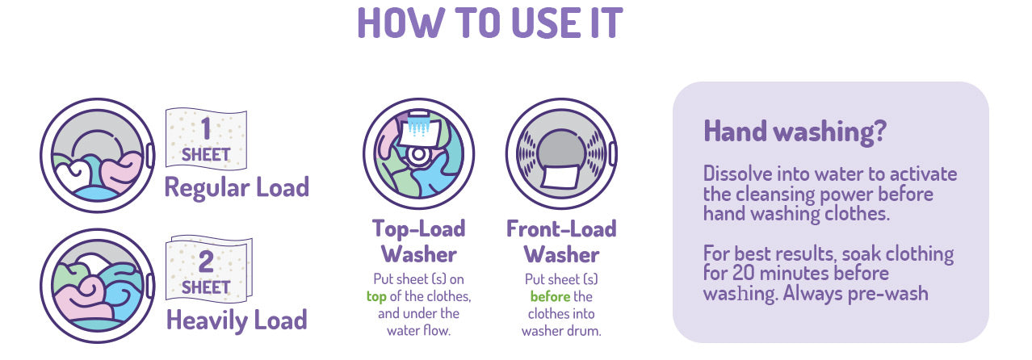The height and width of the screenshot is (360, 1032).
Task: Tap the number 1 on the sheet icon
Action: [206, 129]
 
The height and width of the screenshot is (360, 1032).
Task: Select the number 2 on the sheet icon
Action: [206, 262]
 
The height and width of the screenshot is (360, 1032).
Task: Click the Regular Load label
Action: [237, 188]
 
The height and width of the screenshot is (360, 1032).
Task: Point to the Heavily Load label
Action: [237, 320]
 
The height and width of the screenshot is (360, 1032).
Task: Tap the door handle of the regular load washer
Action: [149, 156]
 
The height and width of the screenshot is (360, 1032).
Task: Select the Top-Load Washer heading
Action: [419, 241]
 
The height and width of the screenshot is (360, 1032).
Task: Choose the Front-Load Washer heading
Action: [561, 241]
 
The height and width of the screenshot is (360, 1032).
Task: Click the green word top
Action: [376, 296]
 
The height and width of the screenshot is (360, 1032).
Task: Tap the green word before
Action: [550, 296]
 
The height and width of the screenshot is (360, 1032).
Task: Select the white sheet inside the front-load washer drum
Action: [560, 178]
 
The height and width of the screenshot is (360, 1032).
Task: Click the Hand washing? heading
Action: [795, 132]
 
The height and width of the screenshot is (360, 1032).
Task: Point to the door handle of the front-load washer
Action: [613, 153]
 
